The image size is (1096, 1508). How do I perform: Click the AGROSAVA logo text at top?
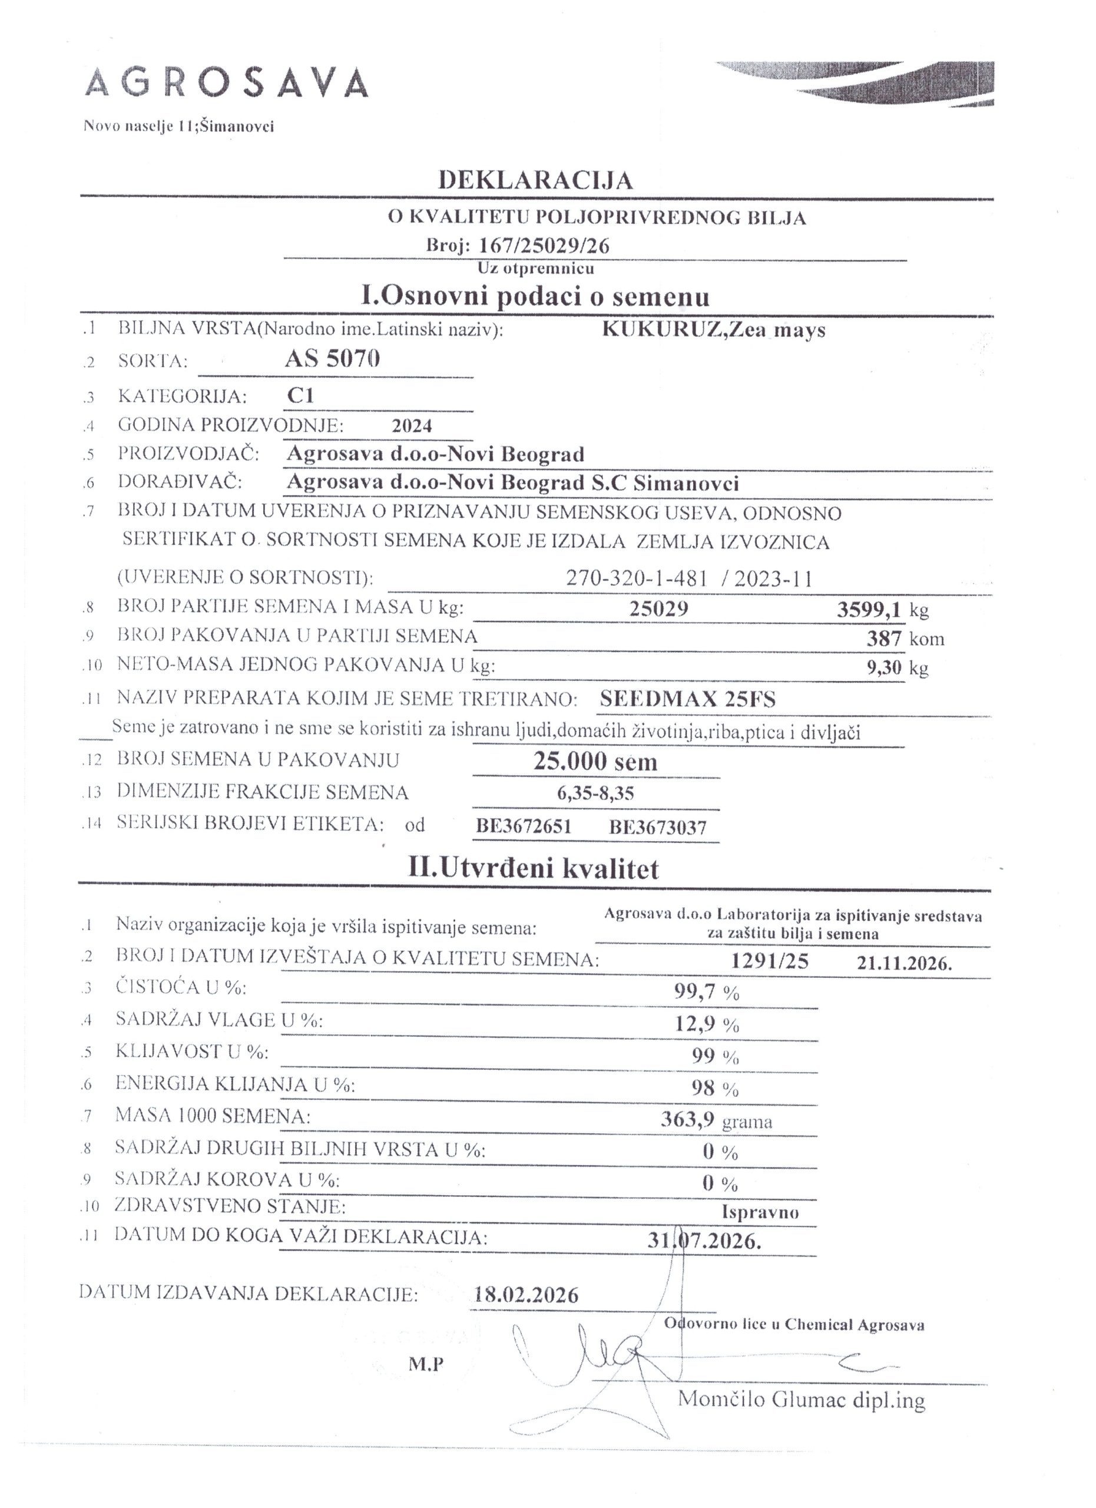coord(226,83)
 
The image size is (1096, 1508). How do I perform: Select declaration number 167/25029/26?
coord(544,246)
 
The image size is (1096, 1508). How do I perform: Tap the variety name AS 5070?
coord(332,359)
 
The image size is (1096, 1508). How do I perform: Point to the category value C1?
coord(300,396)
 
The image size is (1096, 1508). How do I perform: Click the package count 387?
coord(884,639)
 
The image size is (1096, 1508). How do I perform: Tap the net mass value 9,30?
coord(884,667)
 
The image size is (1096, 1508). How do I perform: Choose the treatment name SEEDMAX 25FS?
coord(687,699)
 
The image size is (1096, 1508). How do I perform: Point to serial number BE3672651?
coord(524,827)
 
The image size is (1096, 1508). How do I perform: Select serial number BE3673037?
coord(657,827)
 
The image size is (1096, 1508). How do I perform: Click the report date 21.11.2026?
coord(904,964)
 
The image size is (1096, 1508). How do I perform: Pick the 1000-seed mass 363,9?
coord(687,1120)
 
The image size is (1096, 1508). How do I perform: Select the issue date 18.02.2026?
coord(527,1295)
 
